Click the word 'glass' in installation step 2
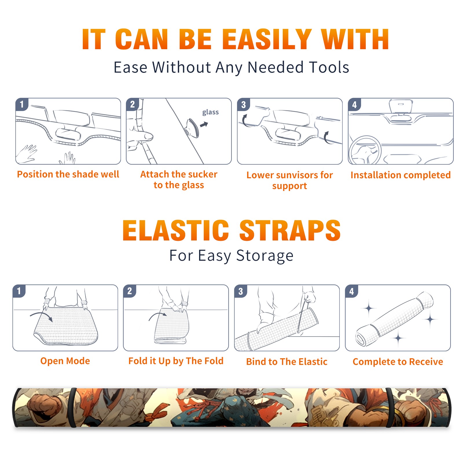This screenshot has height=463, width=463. [210, 112]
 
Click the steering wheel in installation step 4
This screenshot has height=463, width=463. [365, 150]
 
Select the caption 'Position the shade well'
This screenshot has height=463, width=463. [68, 174]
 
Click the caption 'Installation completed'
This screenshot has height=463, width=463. [400, 175]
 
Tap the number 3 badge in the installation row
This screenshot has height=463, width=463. [243, 104]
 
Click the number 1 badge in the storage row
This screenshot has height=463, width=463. [19, 291]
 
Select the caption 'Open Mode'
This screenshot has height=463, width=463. [65, 361]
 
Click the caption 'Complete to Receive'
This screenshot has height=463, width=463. [398, 362]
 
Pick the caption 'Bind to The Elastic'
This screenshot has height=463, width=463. [287, 362]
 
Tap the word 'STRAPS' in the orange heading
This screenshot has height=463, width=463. [290, 230]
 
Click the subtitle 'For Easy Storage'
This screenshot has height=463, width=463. [231, 256]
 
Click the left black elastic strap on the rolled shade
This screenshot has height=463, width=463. [73, 407]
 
